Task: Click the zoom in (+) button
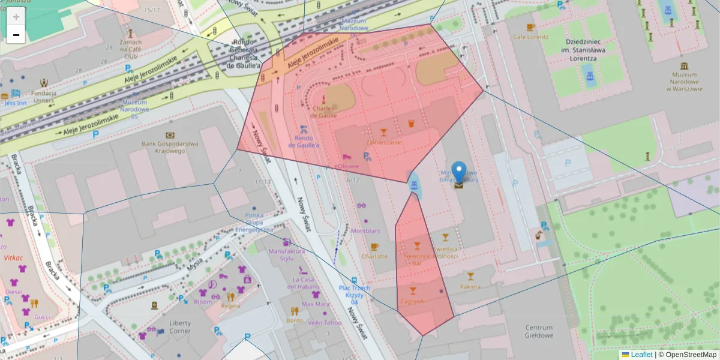pyautogui.click(x=16, y=16)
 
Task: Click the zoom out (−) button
pyautogui.click(x=16, y=35)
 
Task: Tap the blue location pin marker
pyautogui.click(x=459, y=173)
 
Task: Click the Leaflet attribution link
pyautogui.click(x=641, y=355)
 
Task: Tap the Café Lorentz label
pyautogui.click(x=530, y=37)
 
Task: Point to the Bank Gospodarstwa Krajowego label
pyautogui.click(x=170, y=147)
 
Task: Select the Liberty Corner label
pyautogui.click(x=180, y=326)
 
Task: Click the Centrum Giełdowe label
pyautogui.click(x=538, y=331)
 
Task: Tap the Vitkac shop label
pyautogui.click(x=13, y=257)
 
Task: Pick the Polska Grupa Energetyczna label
pyautogui.click(x=254, y=222)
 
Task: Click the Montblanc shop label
pyautogui.click(x=366, y=231)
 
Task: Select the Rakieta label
pyautogui.click(x=470, y=286)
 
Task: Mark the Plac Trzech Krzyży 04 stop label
pyautogui.click(x=354, y=295)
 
